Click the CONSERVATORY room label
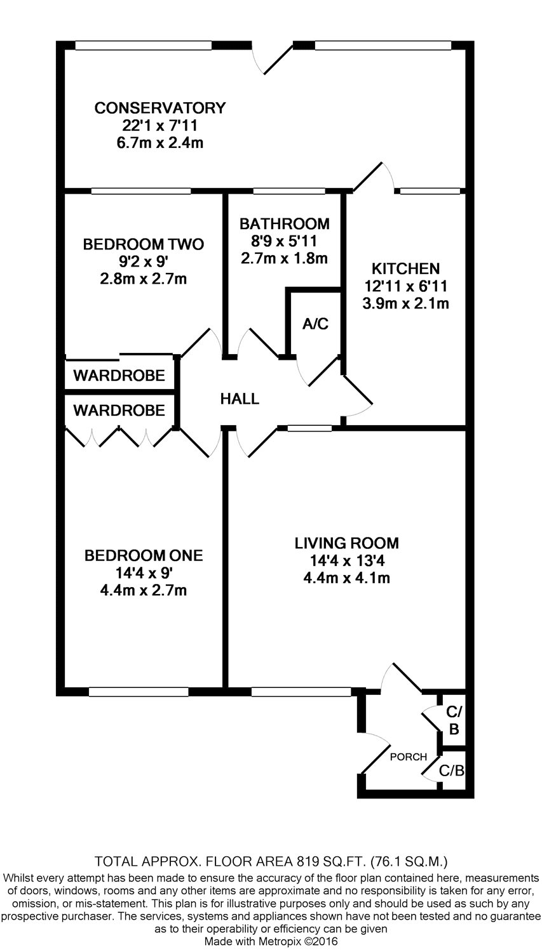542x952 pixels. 160,108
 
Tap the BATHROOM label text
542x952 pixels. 284,223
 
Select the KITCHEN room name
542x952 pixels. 405,268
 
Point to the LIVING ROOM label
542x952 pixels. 347,543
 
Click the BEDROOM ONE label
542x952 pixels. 144,555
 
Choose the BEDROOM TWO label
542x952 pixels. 144,244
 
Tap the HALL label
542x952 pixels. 240,399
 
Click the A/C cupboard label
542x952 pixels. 315,324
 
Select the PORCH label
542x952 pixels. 409,757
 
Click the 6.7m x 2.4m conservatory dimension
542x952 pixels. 160,143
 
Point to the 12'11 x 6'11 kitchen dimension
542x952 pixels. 405,286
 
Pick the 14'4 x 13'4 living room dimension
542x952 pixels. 347,561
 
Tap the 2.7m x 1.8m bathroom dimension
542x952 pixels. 284,258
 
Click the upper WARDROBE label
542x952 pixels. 119,375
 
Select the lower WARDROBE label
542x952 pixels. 119,410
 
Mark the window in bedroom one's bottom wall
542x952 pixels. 139,692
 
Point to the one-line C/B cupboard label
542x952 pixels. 451,770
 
